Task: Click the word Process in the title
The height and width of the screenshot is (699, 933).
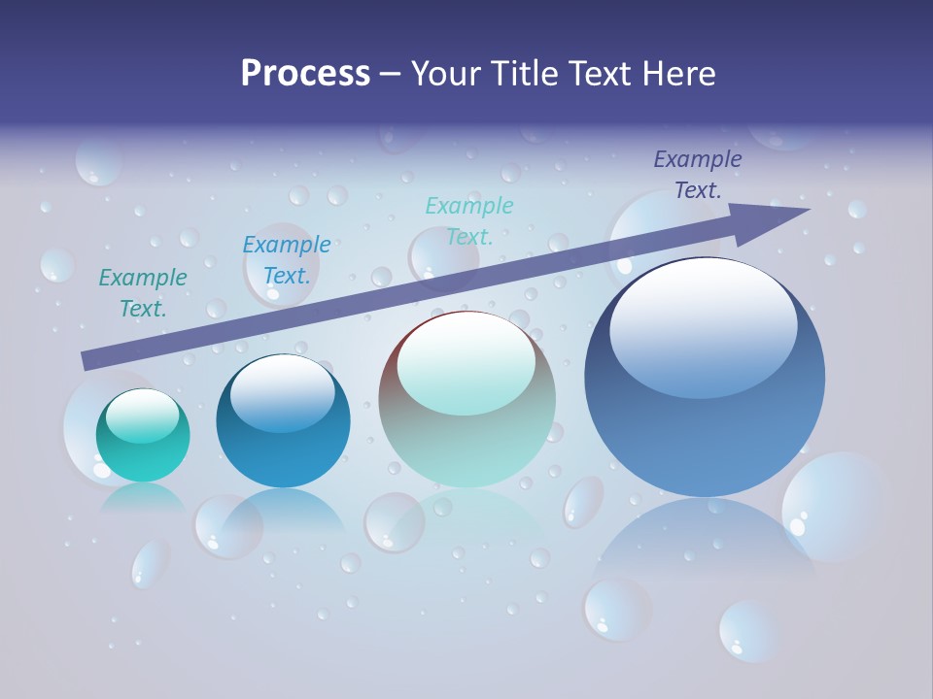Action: (305, 74)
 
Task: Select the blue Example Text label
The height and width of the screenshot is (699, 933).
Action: (287, 259)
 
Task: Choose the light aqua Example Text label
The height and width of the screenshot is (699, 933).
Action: (469, 220)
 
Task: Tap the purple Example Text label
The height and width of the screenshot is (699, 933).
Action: (697, 175)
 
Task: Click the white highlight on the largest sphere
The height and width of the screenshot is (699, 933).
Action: (704, 325)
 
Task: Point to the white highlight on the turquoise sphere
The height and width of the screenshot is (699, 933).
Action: (143, 415)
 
